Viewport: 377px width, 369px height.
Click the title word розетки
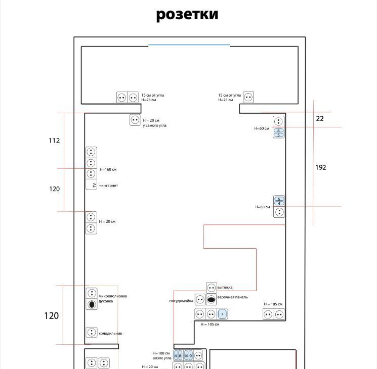point(187,14)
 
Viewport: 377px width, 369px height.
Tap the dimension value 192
point(321,167)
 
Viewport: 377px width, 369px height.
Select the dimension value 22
point(320,118)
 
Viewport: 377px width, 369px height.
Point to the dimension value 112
point(54,141)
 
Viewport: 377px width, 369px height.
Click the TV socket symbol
point(91,186)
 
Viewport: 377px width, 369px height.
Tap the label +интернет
point(108,186)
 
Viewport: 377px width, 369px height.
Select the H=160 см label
point(109,169)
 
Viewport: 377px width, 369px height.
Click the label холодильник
point(110,333)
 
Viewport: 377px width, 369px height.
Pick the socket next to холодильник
point(92,333)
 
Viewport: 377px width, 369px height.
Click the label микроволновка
point(113,296)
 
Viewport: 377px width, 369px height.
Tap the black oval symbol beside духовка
point(92,304)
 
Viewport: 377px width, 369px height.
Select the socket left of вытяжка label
point(212,288)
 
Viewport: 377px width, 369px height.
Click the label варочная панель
point(233,297)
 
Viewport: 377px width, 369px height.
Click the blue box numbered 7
point(222,314)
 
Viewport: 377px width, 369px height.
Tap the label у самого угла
point(154,125)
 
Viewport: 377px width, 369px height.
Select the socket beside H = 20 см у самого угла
point(135,120)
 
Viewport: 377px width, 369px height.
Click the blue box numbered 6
point(279,199)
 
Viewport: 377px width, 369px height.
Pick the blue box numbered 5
point(279,135)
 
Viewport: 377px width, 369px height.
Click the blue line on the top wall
point(189,45)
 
